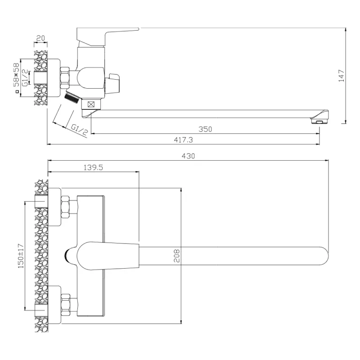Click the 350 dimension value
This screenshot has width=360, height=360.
click(206, 129)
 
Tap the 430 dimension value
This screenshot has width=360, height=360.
click(188, 156)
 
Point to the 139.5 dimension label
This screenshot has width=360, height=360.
click(94, 167)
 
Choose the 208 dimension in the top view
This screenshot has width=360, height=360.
click(177, 256)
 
